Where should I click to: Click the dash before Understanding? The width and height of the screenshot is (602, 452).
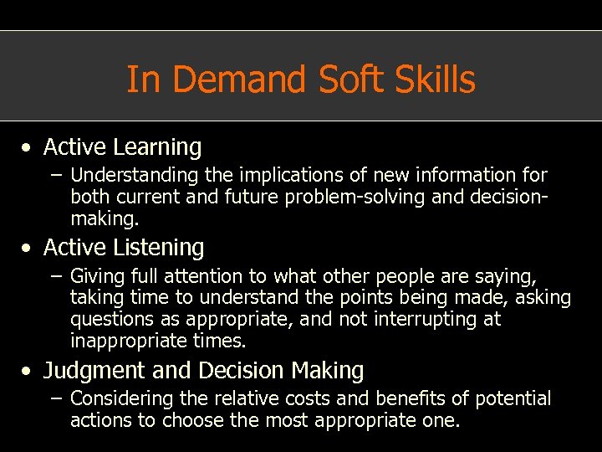(57, 176)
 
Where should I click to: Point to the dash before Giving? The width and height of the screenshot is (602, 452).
(57, 276)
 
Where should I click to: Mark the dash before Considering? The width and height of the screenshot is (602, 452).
(57, 399)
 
